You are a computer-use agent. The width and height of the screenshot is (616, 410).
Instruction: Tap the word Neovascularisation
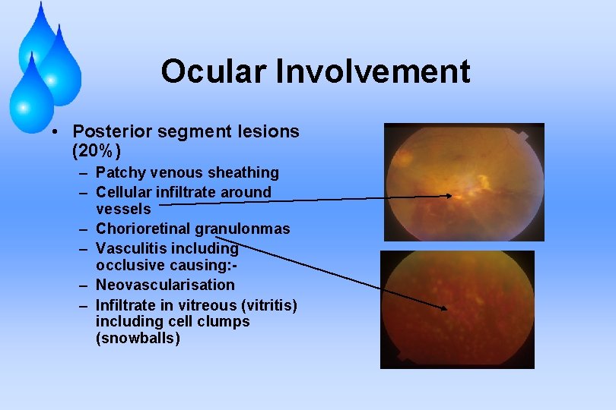point(165,285)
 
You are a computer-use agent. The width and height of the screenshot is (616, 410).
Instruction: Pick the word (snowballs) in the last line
point(138,339)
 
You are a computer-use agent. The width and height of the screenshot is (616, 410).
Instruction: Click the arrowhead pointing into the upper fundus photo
point(452,197)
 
